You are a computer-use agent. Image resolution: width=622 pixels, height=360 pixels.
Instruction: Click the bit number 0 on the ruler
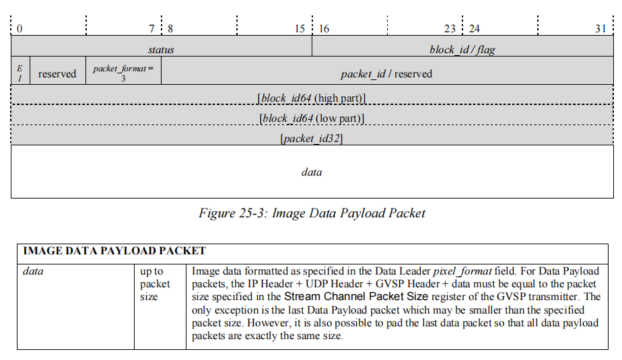[x=20, y=29]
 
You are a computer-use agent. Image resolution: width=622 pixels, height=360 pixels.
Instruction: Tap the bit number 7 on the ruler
[x=152, y=29]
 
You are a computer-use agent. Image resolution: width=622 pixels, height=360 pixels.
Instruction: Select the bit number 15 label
[x=300, y=29]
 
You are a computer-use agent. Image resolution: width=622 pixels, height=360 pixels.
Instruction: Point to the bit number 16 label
[x=324, y=29]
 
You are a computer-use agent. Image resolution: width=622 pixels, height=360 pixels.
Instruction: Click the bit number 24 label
[x=475, y=29]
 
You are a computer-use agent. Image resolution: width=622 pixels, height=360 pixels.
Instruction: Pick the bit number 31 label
[x=600, y=29]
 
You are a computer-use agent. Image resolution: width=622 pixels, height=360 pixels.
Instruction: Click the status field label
[x=161, y=50]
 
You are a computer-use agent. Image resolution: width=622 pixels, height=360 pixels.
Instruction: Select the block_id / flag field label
[x=462, y=50]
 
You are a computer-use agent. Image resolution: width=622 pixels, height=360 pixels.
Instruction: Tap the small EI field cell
[x=20, y=73]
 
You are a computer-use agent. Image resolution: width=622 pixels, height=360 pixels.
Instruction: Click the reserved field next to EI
[x=57, y=73]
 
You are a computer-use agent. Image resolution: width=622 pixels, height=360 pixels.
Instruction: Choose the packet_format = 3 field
[x=123, y=73]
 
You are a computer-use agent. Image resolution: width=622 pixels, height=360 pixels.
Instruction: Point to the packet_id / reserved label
[x=386, y=73]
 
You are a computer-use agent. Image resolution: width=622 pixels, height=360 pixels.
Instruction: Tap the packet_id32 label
[x=312, y=139]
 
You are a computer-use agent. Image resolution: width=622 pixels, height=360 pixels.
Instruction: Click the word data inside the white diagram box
[x=311, y=172]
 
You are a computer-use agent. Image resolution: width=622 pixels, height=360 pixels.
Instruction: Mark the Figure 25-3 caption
[x=312, y=213]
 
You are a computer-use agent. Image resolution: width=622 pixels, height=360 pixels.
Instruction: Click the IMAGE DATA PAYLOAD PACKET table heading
[x=114, y=251]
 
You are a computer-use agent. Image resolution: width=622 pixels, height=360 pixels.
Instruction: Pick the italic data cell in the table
[x=33, y=271]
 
